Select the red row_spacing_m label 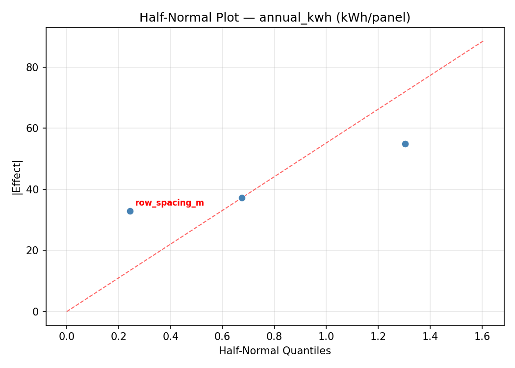169,203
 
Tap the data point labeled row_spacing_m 130,211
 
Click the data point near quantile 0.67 242,198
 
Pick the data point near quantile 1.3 405,144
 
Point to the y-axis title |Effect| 17,177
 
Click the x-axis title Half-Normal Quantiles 275,351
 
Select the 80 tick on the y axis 32,67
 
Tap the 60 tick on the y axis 32,128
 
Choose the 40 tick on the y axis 32,189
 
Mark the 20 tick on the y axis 32,250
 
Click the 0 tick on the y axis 35,312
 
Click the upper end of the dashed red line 483,41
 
